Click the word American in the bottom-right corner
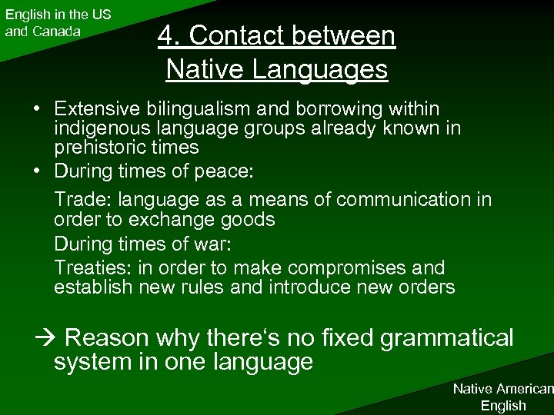coord(526,390)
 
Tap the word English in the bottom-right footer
coord(502,405)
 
